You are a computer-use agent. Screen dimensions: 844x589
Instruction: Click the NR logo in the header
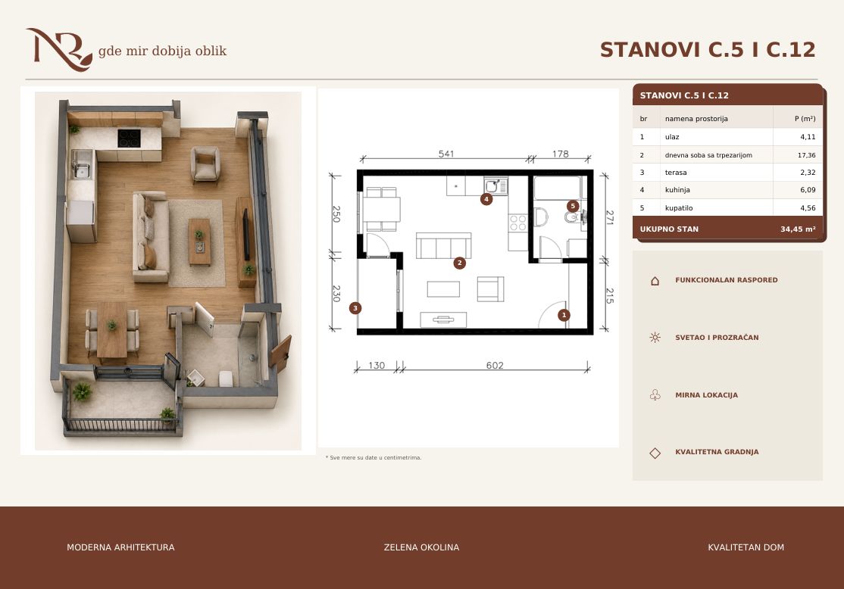[59, 49]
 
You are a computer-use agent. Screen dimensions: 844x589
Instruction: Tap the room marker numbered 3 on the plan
[355, 308]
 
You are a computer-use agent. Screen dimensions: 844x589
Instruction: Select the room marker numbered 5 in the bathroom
[573, 206]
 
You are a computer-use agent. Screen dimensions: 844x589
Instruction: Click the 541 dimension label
[446, 154]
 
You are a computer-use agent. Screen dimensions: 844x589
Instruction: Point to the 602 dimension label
[495, 365]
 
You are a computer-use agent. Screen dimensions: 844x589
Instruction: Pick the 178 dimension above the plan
[561, 154]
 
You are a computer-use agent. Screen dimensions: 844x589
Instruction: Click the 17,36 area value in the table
[806, 155]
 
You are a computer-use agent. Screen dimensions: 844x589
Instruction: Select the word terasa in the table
[676, 173]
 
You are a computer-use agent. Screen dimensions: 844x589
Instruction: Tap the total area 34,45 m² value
[798, 229]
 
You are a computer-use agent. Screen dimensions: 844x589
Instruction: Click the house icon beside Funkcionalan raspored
[655, 281]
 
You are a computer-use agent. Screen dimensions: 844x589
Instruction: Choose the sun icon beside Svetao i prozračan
[655, 338]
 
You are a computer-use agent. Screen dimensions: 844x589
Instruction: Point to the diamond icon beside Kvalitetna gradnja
[655, 453]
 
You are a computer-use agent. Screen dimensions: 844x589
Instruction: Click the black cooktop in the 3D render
[130, 139]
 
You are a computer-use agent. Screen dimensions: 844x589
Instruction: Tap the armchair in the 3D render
[205, 164]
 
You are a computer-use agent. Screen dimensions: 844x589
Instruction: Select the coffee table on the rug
[199, 242]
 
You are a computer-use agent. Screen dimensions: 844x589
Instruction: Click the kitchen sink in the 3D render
[82, 164]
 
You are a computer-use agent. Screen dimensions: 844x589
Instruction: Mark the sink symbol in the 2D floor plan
[495, 186]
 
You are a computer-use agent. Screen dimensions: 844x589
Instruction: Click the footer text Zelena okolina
[421, 547]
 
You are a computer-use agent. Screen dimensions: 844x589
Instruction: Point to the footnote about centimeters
[374, 458]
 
